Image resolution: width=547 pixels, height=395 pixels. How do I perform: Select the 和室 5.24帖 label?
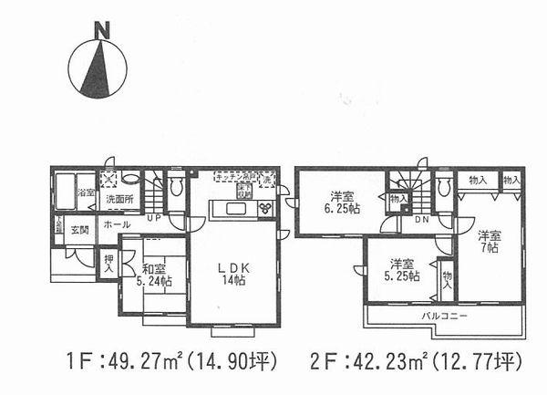(x=152, y=275)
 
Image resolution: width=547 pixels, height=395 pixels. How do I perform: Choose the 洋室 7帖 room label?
(x=490, y=240)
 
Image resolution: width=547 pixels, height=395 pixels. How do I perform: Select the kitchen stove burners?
(x=266, y=209)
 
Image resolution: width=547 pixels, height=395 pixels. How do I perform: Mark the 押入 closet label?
(x=109, y=264)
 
